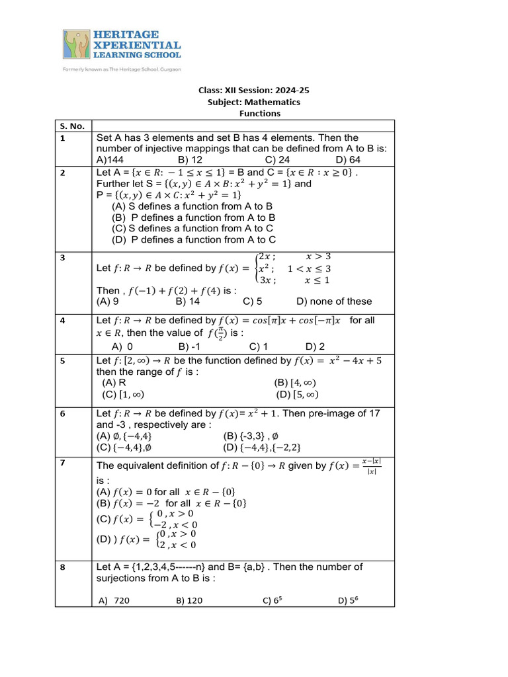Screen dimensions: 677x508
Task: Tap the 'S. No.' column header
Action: pyautogui.click(x=71, y=126)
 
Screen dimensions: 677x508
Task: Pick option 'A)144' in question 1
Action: pyautogui.click(x=110, y=159)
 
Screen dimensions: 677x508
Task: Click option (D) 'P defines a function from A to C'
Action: pyautogui.click(x=194, y=239)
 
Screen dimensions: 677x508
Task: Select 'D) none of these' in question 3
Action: pyautogui.click(x=334, y=301)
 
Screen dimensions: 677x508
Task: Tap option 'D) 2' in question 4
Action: pyautogui.click(x=315, y=346)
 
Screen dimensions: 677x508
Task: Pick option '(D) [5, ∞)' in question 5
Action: pyautogui.click(x=296, y=395)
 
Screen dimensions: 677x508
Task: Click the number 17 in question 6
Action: pyautogui.click(x=374, y=413)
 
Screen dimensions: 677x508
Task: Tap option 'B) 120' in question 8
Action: pyautogui.click(x=189, y=600)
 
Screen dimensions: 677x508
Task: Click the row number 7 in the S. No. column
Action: pyautogui.click(x=62, y=463)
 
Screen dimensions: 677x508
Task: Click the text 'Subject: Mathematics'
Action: pyautogui.click(x=254, y=102)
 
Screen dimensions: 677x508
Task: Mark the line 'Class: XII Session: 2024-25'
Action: pyautogui.click(x=254, y=91)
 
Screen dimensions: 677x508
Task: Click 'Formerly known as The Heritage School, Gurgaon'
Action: pyautogui.click(x=122, y=69)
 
